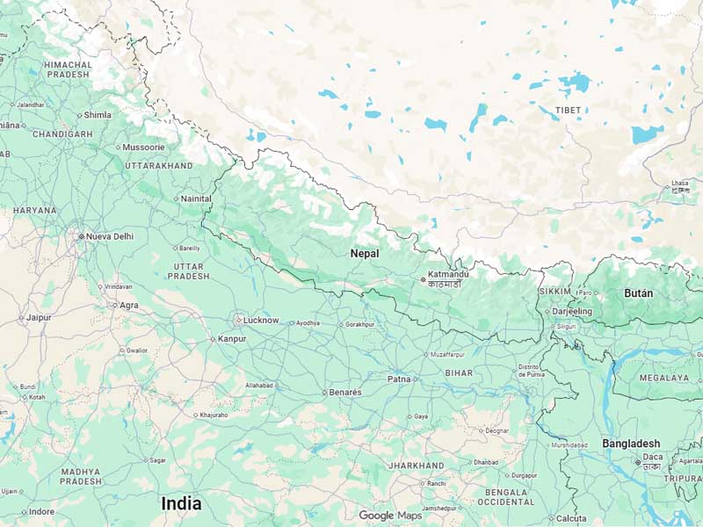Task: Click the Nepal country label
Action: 365,253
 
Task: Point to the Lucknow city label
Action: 261,321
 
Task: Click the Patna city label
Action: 399,379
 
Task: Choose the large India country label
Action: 181,504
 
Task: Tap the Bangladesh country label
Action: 631,444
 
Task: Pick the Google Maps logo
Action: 390,516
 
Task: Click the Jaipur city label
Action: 39,318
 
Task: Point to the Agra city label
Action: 129,306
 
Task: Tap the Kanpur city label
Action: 232,338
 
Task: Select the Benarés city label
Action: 345,392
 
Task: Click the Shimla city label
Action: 98,114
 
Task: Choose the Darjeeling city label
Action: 572,311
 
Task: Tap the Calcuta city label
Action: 571,518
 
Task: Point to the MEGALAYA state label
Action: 664,378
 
